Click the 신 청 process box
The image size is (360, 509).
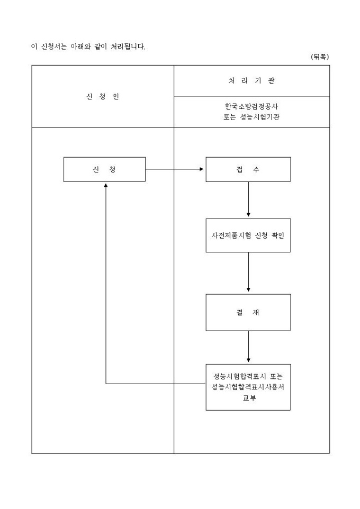[104, 169]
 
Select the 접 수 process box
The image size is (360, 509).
[248, 169]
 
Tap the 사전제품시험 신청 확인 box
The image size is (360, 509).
[248, 235]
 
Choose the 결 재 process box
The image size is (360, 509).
[248, 312]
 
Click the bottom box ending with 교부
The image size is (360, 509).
[248, 387]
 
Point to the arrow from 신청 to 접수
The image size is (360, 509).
[175, 169]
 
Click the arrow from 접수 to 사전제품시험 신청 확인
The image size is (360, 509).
[248, 199]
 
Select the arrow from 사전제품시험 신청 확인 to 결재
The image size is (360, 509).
[248, 272]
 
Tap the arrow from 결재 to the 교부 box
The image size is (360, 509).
[248, 347]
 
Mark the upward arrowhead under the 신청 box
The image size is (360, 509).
[106, 186]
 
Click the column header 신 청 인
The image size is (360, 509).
[103, 97]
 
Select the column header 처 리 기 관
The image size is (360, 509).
[251, 81]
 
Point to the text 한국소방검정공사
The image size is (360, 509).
[251, 106]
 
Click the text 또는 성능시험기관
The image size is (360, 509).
[251, 117]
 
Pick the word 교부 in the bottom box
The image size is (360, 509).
[248, 398]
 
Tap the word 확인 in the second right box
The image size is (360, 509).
[276, 235]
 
